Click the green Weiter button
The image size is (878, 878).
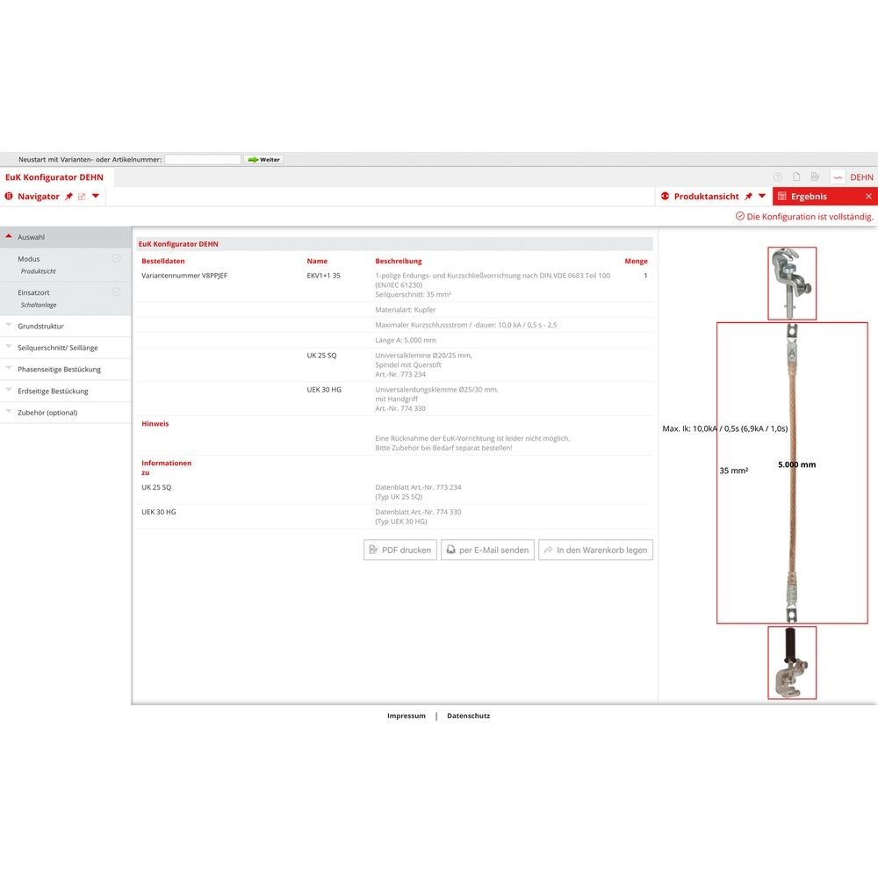(x=263, y=160)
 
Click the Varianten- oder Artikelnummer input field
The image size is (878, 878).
(x=203, y=160)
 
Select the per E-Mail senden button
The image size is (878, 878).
(x=487, y=550)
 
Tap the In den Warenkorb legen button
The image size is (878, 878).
(x=595, y=550)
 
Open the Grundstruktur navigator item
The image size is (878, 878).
(x=40, y=327)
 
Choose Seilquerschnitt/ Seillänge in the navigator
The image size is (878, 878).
(x=58, y=348)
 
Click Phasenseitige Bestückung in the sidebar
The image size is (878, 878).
(x=59, y=370)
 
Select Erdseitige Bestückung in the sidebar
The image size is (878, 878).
(x=53, y=392)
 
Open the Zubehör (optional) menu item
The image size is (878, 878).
(x=47, y=413)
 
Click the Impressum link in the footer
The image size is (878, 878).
(x=407, y=716)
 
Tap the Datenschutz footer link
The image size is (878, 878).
(x=469, y=716)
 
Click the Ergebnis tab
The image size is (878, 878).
(x=809, y=197)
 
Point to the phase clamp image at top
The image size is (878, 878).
(x=792, y=283)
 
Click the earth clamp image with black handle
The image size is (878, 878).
(x=792, y=663)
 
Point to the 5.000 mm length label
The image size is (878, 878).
(x=796, y=464)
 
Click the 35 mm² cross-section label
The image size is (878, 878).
(x=734, y=471)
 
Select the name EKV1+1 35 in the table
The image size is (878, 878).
(x=323, y=276)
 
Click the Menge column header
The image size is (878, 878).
(x=636, y=261)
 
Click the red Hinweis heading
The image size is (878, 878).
(x=155, y=423)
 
